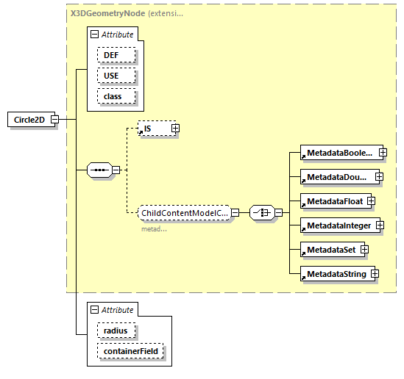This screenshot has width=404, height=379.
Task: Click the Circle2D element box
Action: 30,120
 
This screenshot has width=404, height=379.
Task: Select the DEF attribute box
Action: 110,55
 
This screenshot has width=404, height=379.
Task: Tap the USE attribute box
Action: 110,76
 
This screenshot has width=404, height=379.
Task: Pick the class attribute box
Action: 112,96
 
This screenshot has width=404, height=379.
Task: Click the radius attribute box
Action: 115,331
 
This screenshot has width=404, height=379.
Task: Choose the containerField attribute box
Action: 130,351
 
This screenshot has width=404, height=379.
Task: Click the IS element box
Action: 153,129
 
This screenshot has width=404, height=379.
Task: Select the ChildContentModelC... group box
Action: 185,212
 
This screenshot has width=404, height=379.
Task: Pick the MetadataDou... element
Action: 337,177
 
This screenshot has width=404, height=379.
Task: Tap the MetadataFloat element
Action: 333,201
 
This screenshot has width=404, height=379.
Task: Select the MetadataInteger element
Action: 339,225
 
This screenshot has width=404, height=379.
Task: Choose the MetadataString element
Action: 335,274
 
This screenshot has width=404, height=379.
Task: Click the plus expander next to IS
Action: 175,129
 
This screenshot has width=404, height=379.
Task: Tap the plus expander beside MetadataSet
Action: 364,250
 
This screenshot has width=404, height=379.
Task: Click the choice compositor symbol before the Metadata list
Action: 263,212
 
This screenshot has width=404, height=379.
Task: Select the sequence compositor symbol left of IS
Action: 98,170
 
